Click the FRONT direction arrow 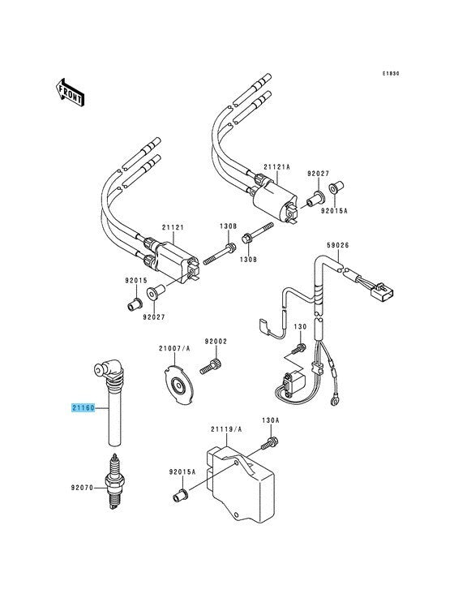point(71,92)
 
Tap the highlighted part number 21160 point(84,408)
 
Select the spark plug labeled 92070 point(114,482)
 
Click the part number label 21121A point(276,166)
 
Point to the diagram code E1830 point(390,74)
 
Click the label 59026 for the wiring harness point(337,246)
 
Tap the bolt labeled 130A point(270,443)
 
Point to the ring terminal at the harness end point(335,400)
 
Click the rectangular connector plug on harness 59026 point(382,291)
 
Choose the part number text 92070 point(82,488)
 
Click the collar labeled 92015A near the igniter point(181,496)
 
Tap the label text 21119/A point(226,429)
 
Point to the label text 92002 point(216,342)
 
